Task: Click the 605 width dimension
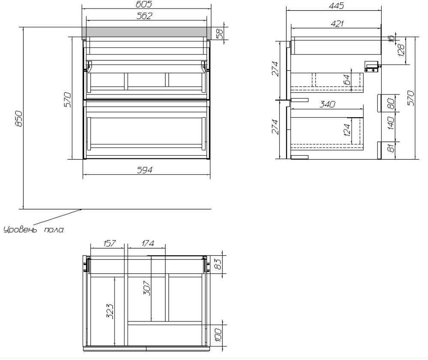tap(144, 4)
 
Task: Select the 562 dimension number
tap(144, 16)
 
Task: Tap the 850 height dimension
tap(18, 118)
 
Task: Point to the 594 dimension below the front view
tap(145, 170)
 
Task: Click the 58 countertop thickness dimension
tap(219, 33)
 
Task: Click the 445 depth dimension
tap(336, 6)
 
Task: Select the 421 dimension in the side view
tap(337, 24)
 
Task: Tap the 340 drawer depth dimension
tap(327, 104)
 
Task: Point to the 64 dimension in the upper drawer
tap(347, 80)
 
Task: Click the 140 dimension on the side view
tap(391, 123)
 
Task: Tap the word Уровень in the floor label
tap(20, 229)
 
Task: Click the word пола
tap(54, 230)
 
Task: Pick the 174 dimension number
tap(148, 243)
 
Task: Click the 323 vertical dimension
tap(110, 311)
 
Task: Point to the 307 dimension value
tap(147, 288)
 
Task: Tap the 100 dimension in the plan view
tap(218, 335)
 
